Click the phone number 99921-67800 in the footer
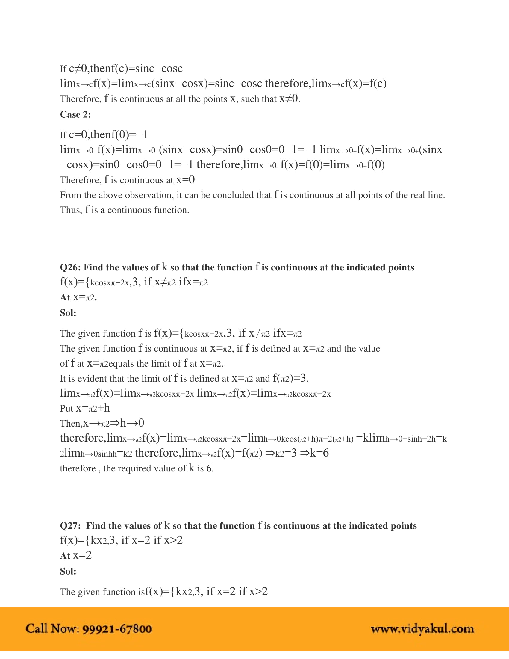[x=117, y=629]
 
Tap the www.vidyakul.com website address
[x=422, y=629]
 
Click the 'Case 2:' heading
[x=75, y=114]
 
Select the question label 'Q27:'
[x=70, y=526]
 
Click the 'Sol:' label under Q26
[x=68, y=313]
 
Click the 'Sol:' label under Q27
[x=68, y=571]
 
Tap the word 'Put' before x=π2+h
[x=66, y=408]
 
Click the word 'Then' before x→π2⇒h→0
[x=70, y=423]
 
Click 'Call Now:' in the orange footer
[x=52, y=629]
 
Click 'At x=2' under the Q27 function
[x=76, y=555]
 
